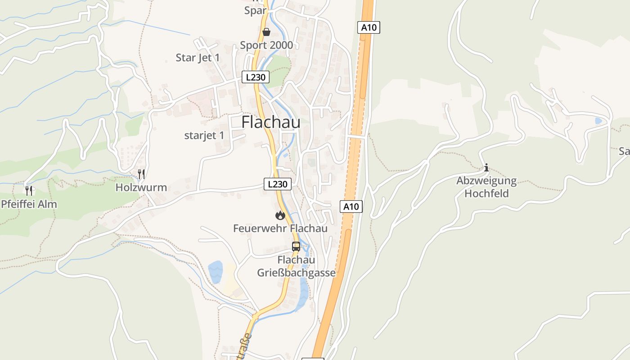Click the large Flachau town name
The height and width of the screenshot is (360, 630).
coord(271,122)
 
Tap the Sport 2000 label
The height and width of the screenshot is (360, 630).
coord(266,45)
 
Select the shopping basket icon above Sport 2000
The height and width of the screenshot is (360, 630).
coord(266,32)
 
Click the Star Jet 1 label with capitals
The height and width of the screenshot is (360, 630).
coord(198,58)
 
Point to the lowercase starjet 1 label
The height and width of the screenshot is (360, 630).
coord(204,135)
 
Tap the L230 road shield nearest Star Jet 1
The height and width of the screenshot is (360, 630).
coord(256,77)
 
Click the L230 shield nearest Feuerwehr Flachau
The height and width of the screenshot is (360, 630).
coord(277,184)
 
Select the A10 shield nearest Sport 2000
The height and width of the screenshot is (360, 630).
coord(369,27)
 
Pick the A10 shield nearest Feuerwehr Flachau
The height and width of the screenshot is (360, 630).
coord(351,207)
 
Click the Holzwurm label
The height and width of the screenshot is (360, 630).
coord(141,188)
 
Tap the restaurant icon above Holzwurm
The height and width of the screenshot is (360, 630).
coord(141,174)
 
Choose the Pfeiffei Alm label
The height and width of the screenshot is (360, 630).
coord(29,204)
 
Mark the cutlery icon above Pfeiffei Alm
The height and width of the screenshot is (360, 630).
coord(29,190)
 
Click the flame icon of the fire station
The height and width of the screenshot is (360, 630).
coord(280,216)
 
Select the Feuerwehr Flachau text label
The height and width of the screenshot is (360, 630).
coord(280,229)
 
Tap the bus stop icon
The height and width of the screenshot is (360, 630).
coord(296,247)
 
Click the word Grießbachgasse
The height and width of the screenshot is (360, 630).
coord(297,273)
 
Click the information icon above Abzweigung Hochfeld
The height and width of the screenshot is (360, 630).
coord(486,168)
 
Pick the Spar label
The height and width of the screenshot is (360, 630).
coord(256,10)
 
